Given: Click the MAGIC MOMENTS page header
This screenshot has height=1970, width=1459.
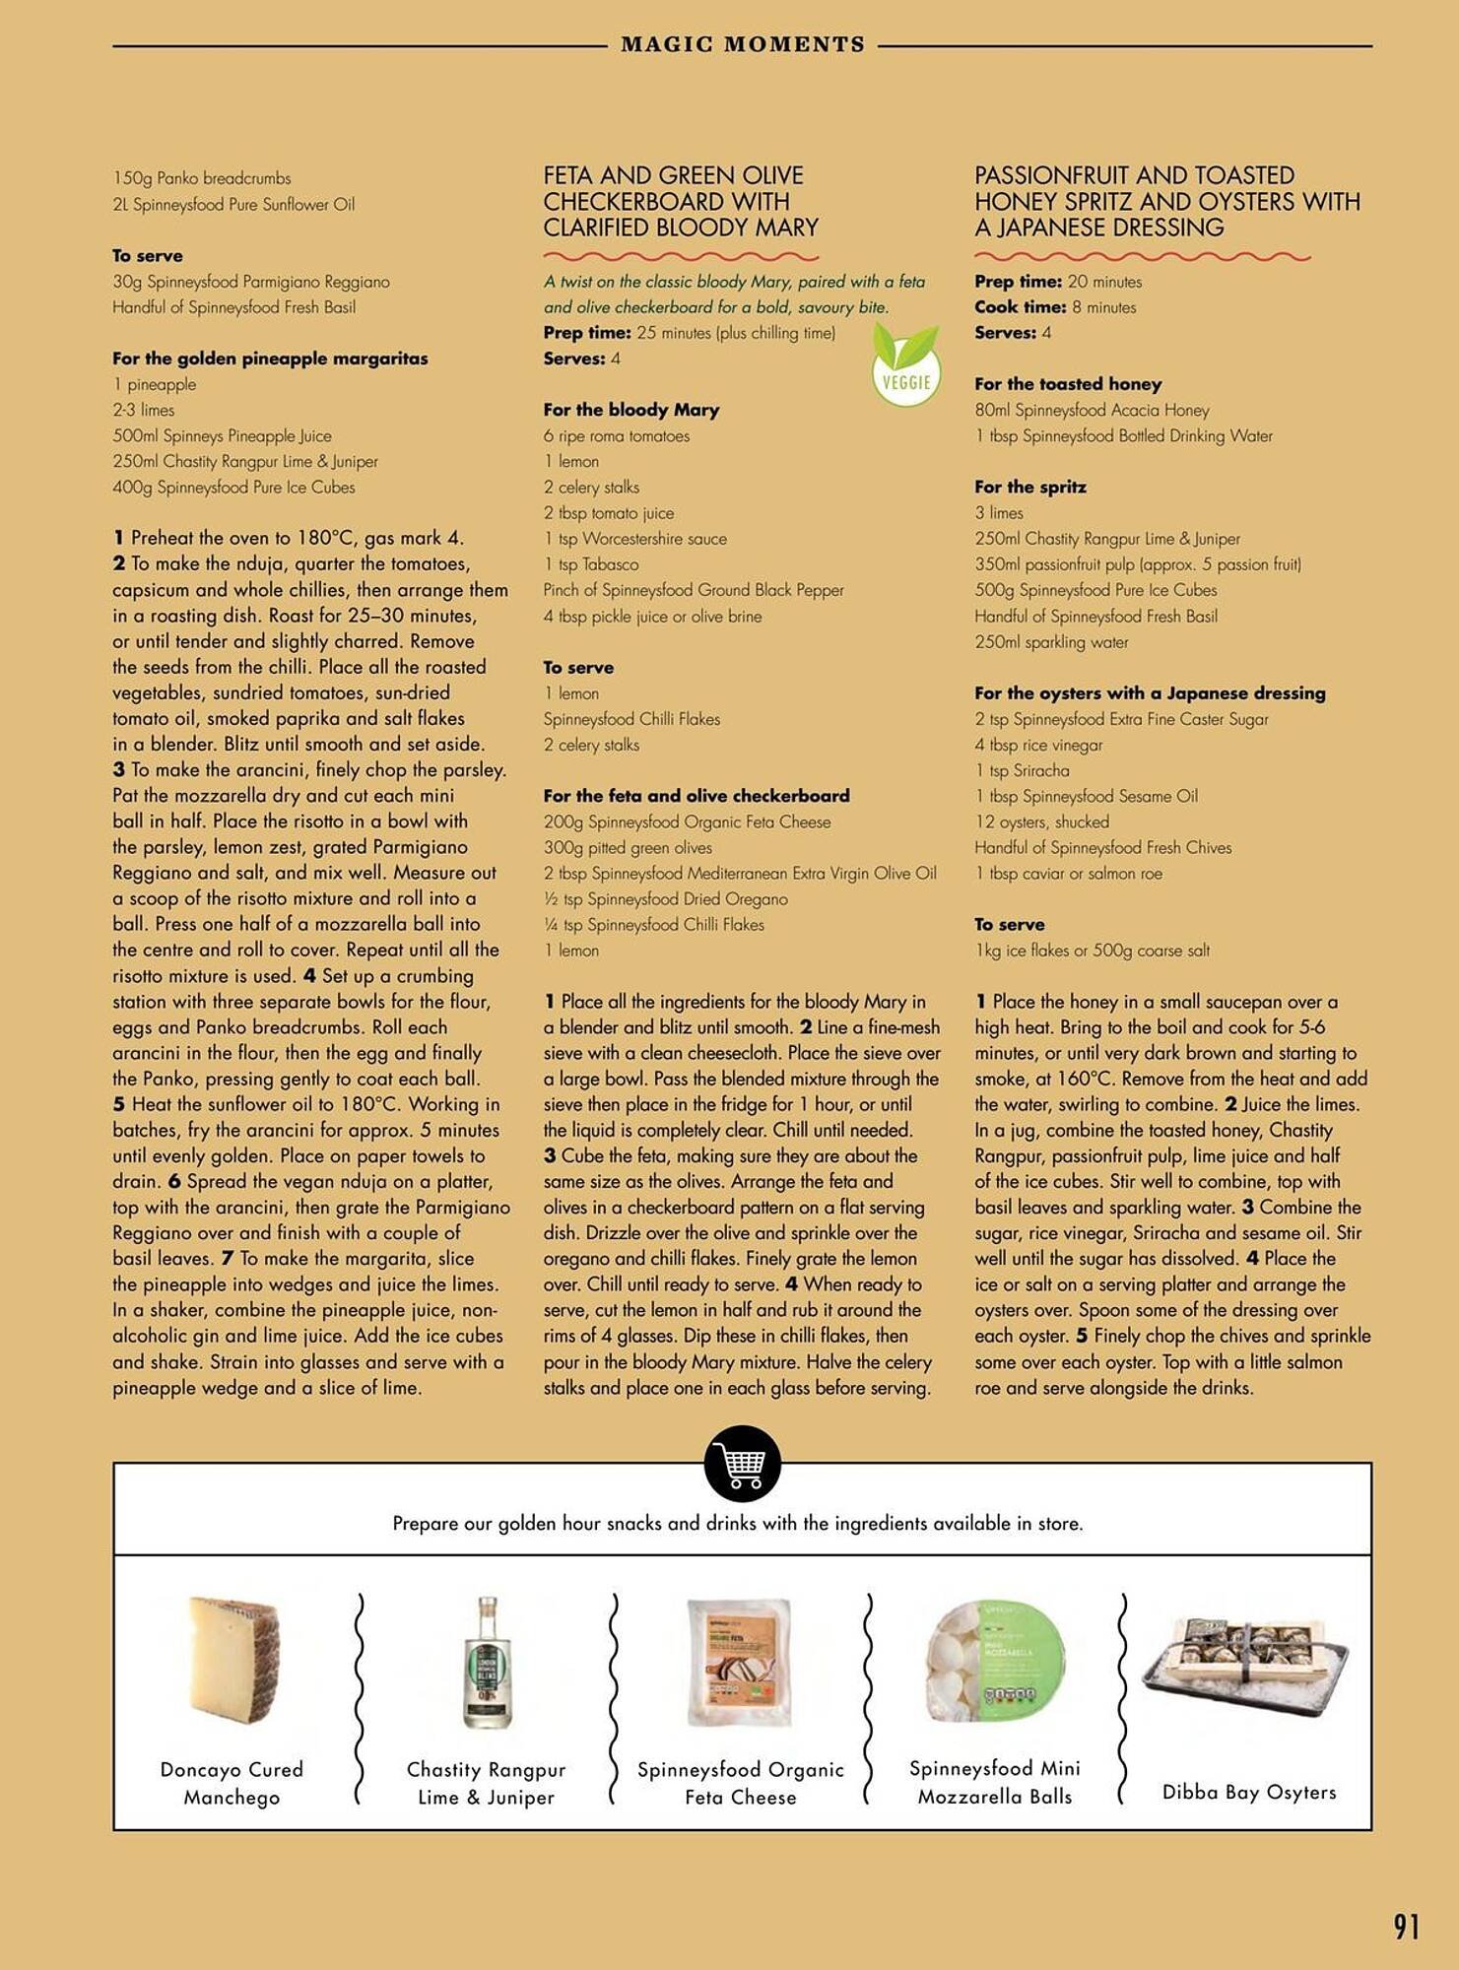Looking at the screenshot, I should click(743, 45).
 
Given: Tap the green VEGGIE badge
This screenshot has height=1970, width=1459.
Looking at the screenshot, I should click(906, 368).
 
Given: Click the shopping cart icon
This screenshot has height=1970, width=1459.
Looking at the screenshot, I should click(743, 1464).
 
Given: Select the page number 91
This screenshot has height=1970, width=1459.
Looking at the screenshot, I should click(1407, 1927).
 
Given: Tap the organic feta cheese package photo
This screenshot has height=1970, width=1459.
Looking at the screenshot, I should click(740, 1663).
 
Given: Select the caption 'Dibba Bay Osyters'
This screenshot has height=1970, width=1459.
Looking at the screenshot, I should click(1249, 1792).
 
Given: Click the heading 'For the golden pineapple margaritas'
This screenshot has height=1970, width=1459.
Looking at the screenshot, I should click(270, 359).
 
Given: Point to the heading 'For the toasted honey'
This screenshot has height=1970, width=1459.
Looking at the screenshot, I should click(1068, 384).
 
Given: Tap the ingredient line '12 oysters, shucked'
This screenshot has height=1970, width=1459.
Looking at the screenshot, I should click(1041, 821).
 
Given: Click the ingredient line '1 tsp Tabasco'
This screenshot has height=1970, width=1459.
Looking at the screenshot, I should click(591, 564).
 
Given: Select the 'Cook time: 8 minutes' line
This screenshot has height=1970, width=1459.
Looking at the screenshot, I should click(1055, 307).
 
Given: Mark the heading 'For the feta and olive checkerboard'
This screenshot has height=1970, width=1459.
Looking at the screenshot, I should click(696, 796).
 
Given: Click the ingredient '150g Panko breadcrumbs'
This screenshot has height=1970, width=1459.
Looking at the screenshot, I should click(202, 178).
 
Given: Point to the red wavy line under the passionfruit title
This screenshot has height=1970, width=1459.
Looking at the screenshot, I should click(1143, 257).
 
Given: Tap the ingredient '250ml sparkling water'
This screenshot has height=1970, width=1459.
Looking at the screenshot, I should click(1051, 642).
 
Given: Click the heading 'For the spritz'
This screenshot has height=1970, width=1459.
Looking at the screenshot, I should click(1030, 487).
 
